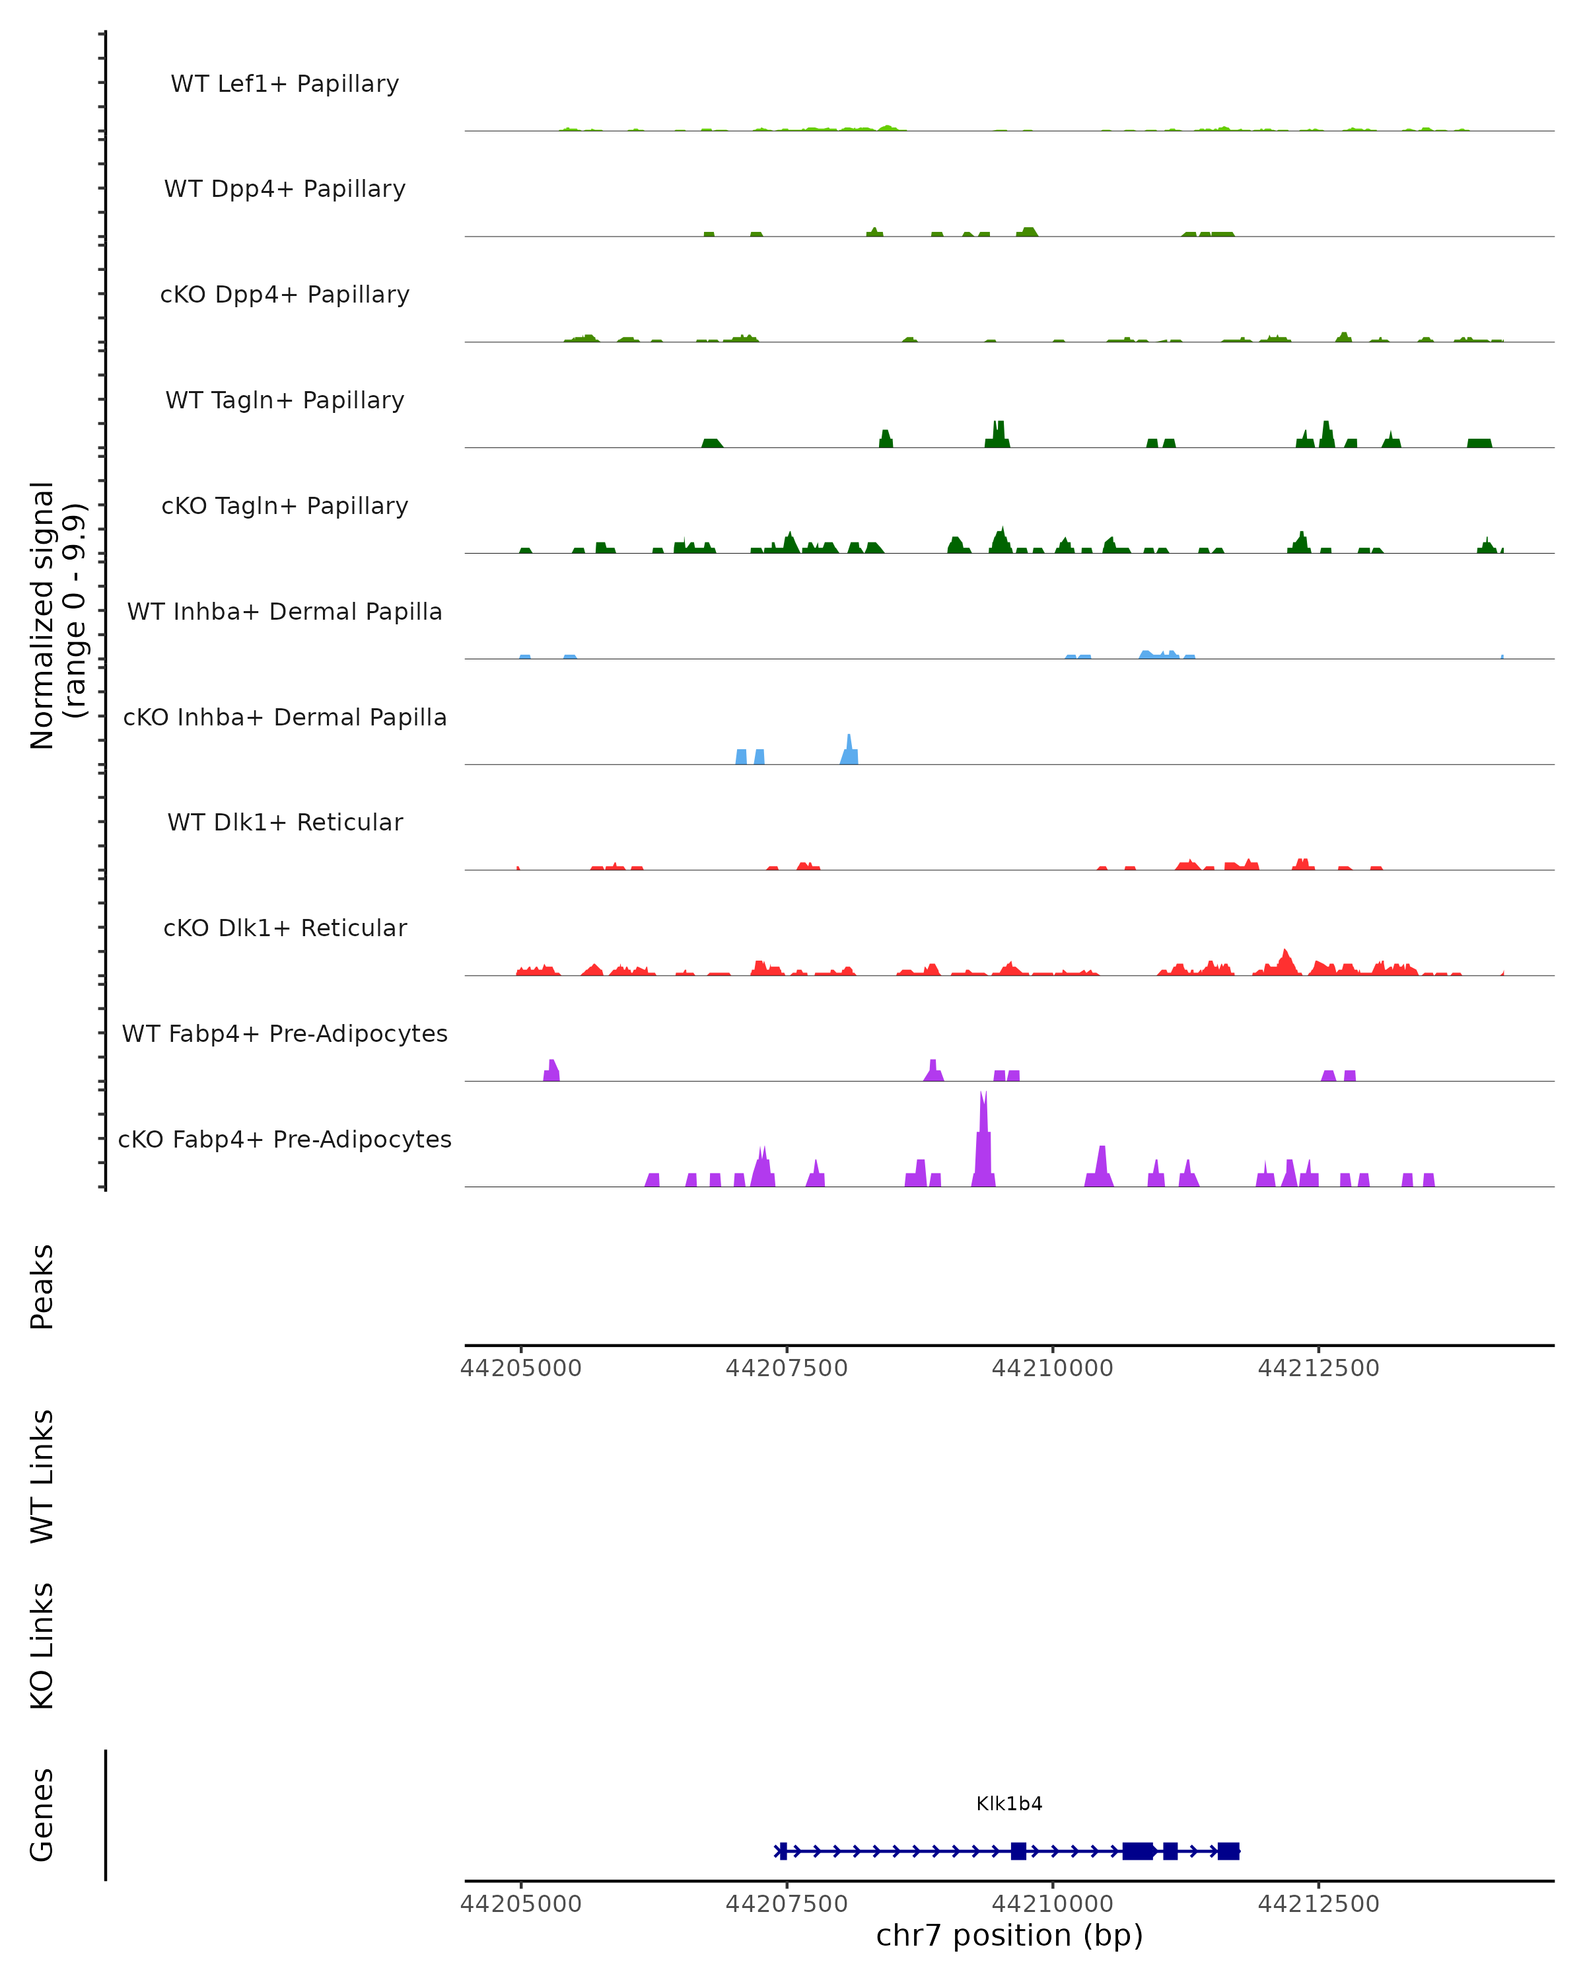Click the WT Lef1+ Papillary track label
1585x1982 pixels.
(285, 84)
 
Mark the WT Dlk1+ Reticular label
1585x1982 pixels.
(285, 822)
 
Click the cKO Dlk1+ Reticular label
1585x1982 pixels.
(285, 928)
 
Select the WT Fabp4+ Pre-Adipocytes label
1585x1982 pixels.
(285, 1033)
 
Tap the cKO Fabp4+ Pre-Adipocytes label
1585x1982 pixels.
(285, 1139)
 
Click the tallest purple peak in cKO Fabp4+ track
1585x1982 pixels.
(983, 1140)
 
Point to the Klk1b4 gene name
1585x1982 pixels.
(1009, 1804)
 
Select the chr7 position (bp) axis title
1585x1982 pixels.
(1009, 1936)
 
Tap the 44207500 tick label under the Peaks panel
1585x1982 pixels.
(787, 1368)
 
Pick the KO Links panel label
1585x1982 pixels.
(42, 1646)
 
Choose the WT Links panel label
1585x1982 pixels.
(42, 1475)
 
